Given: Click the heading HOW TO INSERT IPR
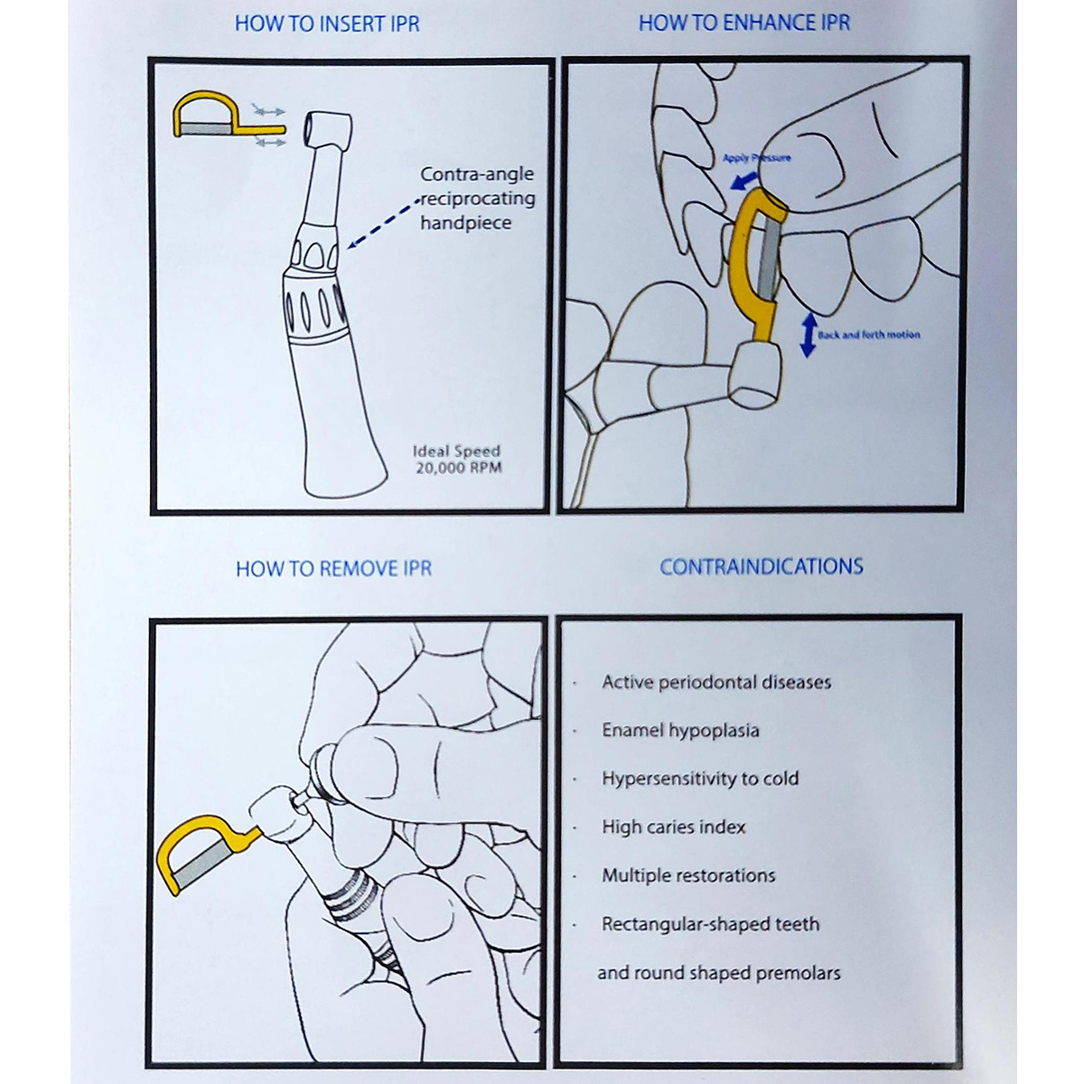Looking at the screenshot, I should (327, 24).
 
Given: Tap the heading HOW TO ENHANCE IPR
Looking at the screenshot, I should (744, 23).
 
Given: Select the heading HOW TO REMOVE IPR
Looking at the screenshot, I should (333, 569).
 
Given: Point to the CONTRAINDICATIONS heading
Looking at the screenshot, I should (761, 567).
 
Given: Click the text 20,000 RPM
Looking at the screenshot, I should (458, 468).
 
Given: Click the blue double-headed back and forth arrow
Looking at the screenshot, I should (808, 335).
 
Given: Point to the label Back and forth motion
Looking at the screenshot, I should (868, 335).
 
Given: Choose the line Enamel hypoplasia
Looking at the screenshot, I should (680, 731).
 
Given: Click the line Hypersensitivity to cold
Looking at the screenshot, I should (700, 779).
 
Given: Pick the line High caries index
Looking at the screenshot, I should (674, 827).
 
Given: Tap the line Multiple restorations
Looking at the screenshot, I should (688, 875).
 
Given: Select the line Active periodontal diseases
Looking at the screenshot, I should (716, 682).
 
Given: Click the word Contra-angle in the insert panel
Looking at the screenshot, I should (477, 174).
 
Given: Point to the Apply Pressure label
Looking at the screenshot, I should (756, 158).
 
